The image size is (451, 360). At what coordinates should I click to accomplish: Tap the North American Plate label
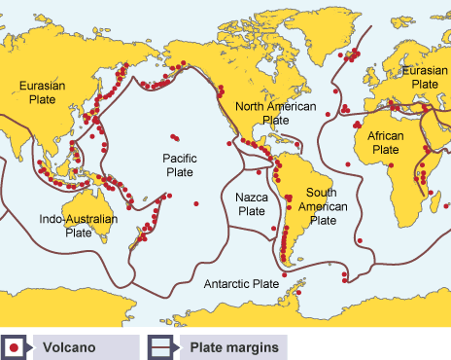pos(276,113)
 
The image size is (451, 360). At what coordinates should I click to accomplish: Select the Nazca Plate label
pos(251,203)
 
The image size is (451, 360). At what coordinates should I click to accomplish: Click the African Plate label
pos(386,144)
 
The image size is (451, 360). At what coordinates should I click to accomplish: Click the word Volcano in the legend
pos(67,345)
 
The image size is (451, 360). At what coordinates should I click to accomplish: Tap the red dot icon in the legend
pos(16,345)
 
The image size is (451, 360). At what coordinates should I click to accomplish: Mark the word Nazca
pos(251,197)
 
